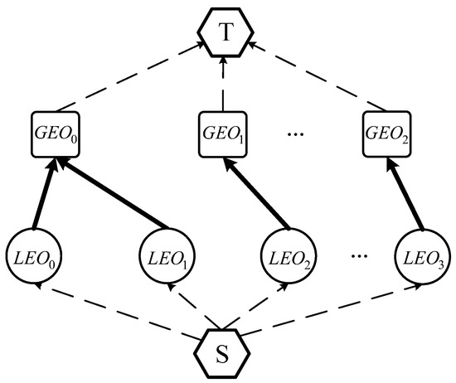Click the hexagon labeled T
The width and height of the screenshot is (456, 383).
pyautogui.click(x=226, y=32)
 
